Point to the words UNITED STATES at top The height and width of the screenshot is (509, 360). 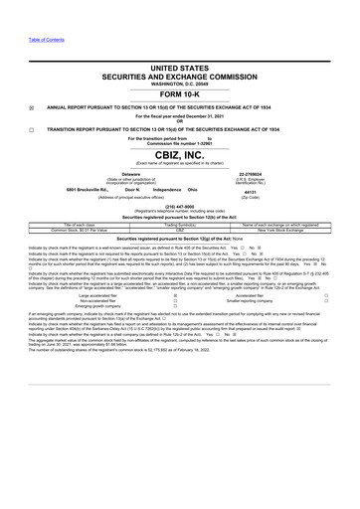coord(180,62)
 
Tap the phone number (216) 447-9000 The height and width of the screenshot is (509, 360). coord(180,211)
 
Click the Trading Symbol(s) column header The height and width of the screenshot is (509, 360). coord(180,226)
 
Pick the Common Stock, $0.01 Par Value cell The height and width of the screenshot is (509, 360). coord(77,232)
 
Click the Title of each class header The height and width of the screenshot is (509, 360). coord(77,226)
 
